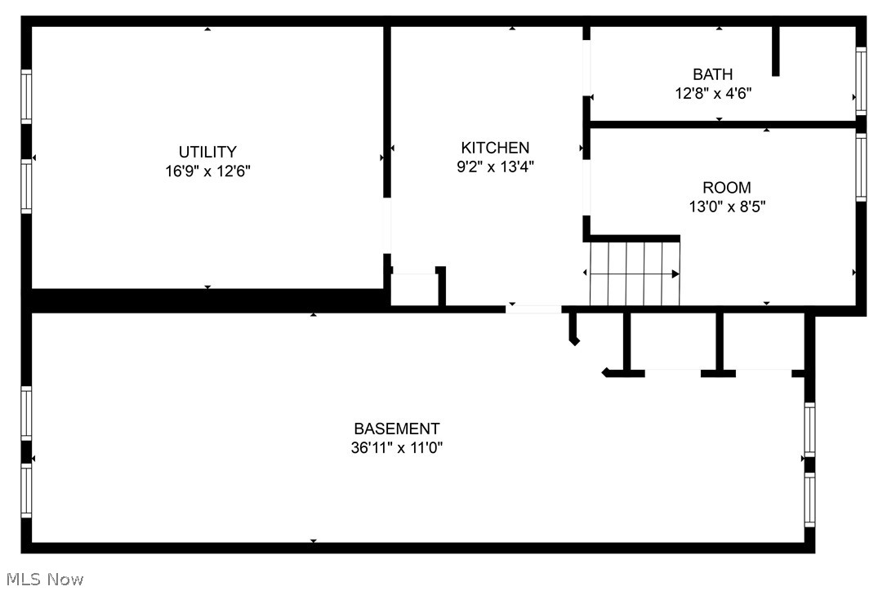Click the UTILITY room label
207,152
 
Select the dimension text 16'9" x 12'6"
207,171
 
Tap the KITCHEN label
495,148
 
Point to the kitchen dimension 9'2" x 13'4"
495,167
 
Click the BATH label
712,74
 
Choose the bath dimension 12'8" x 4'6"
712,93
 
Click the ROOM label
726,188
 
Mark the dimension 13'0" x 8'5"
726,207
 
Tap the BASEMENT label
396,429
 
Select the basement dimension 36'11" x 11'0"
396,448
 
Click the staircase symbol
635,273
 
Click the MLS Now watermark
42,580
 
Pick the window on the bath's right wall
860,80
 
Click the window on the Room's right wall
860,167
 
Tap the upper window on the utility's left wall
26,97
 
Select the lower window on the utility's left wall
26,187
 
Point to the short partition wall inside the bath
776,51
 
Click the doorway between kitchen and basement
533,309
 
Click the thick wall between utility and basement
204,300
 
